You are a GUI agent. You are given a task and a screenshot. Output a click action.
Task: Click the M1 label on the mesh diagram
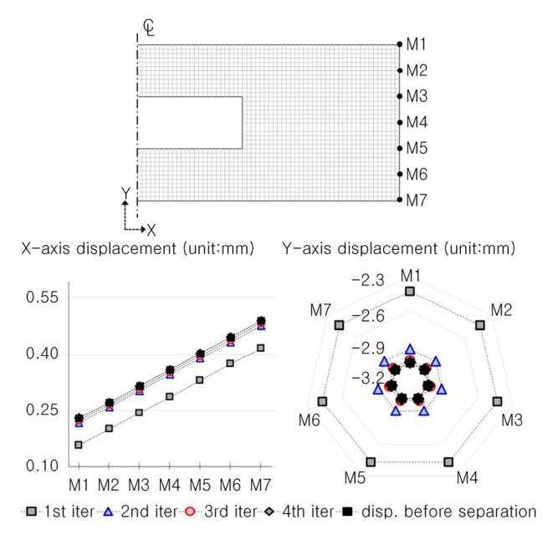(417, 43)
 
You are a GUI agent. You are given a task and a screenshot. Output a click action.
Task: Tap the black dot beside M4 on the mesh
(400, 122)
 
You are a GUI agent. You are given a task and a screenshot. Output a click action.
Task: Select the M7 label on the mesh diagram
(417, 201)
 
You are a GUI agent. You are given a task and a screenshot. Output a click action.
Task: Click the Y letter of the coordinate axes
(125, 193)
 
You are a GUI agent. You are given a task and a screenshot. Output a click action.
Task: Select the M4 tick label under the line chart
(170, 484)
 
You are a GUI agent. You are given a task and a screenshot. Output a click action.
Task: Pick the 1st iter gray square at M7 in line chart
(261, 348)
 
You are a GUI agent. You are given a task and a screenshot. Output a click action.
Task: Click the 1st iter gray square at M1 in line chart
(79, 445)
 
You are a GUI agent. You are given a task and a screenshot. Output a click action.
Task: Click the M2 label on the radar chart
(501, 310)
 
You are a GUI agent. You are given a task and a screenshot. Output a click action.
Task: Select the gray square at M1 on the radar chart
(410, 291)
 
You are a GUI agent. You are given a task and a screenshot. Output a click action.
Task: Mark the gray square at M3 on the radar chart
(497, 402)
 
